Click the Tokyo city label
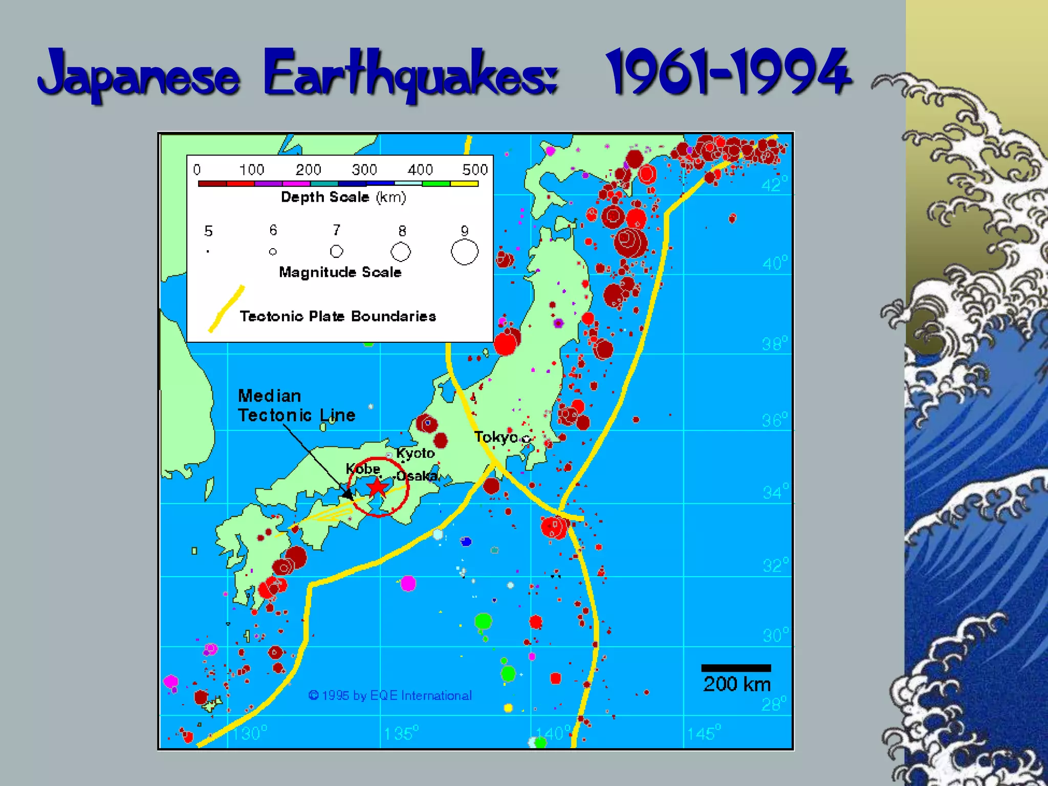point(495,437)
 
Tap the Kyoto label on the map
point(415,453)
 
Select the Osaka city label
point(417,476)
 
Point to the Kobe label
point(363,469)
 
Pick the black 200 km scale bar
point(736,668)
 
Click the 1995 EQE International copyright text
point(390,695)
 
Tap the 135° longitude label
point(401,733)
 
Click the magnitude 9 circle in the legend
point(465,252)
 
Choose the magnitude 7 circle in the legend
point(336,251)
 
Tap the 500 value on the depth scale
point(475,169)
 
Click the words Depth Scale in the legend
point(325,197)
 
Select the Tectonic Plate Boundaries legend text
point(338,316)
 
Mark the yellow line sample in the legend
point(226,309)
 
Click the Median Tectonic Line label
point(296,405)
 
